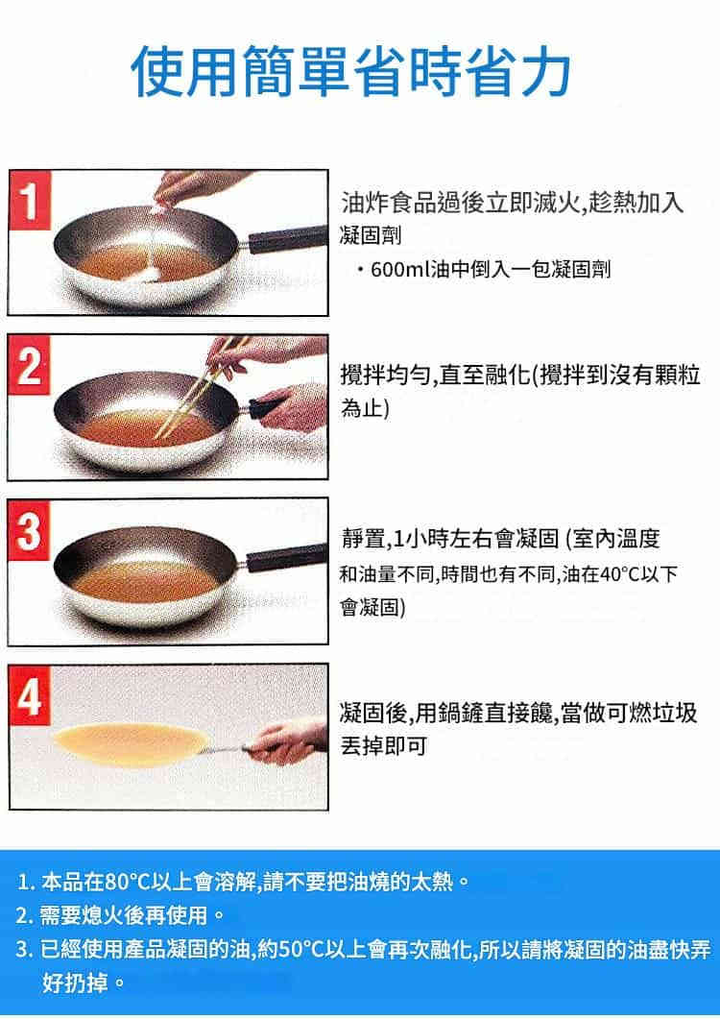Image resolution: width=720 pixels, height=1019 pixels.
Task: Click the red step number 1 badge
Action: coord(29,200)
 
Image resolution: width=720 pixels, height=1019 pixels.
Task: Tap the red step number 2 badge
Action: coord(29,365)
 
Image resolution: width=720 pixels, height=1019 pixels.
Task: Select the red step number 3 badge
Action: coord(29,529)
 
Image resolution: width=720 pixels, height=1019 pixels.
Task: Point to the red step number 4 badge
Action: coord(29,696)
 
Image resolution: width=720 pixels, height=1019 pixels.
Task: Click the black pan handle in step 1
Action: coord(286,238)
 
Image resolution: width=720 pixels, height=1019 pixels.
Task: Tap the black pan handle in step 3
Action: coord(286,559)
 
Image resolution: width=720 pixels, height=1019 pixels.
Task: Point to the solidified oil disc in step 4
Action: coord(130,744)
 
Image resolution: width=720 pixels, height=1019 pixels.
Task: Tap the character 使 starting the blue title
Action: coord(157,71)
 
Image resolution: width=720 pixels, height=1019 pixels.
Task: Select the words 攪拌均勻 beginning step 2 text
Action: coord(385,375)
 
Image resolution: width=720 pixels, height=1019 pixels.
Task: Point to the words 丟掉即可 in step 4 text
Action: coord(384,746)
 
